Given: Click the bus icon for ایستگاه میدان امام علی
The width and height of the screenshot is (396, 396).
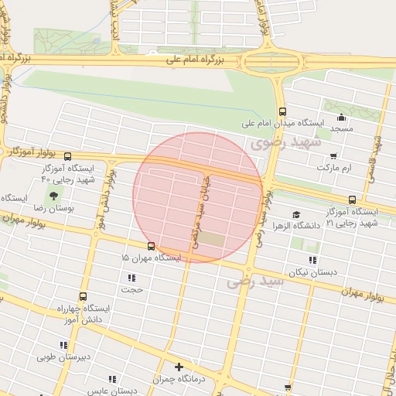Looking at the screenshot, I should coord(282,111).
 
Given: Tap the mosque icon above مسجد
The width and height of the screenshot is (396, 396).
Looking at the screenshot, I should coord(341,118).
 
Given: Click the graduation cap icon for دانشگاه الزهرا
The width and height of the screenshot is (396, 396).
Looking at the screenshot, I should coord(295,214).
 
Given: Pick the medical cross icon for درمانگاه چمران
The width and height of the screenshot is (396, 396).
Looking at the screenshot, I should coord(179,367).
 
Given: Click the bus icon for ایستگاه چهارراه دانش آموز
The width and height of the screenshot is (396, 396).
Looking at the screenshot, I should coord(84,296).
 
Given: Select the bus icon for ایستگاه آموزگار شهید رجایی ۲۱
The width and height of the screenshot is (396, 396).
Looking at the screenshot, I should coord(353,199).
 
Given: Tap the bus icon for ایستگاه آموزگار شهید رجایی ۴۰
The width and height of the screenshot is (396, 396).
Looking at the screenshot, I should coord(69,155).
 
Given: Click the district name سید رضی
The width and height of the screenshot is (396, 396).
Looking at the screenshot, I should coord(256,283).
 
